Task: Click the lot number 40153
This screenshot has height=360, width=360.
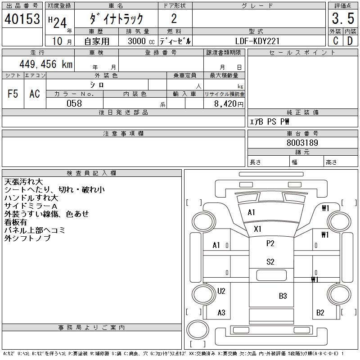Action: pos(22,19)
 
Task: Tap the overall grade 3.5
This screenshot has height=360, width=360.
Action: pos(343,18)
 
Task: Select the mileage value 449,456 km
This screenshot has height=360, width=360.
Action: pos(46,64)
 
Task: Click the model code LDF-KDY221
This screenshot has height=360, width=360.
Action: pos(257,41)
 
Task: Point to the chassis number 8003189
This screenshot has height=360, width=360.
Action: pos(302,143)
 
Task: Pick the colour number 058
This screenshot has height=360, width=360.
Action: pos(74,103)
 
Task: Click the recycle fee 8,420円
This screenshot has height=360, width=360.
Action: pos(229,104)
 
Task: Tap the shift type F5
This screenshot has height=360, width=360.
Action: pos(13,94)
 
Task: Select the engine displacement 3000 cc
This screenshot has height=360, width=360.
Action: pos(141,41)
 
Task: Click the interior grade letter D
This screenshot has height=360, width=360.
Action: pos(350,41)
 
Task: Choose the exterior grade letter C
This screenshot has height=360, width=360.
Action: pos(335,41)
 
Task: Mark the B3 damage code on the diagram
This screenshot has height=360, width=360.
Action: pos(283,296)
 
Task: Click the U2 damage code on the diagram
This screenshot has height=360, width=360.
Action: pos(221,291)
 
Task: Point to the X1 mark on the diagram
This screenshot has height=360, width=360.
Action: pos(257,229)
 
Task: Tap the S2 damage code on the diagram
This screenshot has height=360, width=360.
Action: pos(270,262)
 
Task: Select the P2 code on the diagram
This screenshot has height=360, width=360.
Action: pos(270,243)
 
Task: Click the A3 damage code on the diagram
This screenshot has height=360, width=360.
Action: pos(221,312)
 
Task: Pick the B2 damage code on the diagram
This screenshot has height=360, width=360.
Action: pos(320,312)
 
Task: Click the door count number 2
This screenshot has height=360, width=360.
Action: pos(174,18)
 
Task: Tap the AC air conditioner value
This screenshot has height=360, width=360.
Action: pos(35,94)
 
